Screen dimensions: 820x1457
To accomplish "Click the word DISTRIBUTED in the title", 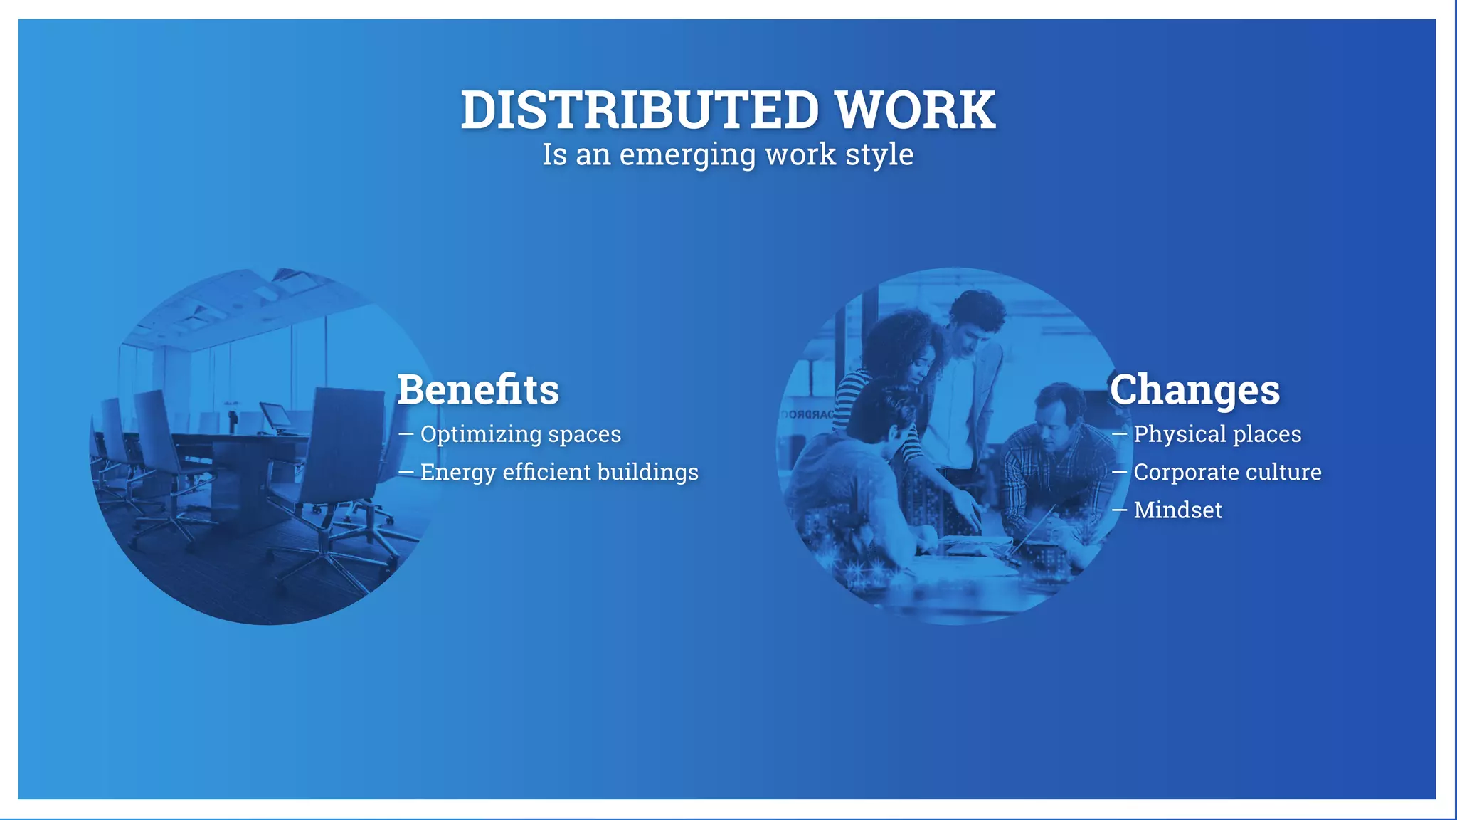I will pyautogui.click(x=640, y=110).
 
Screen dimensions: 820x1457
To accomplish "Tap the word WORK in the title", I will pyautogui.click(x=915, y=110).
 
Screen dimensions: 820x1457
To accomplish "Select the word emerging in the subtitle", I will pyautogui.click(x=687, y=155).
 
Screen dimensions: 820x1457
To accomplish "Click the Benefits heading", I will pyautogui.click(x=478, y=389).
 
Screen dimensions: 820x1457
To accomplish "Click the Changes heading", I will pyautogui.click(x=1194, y=389).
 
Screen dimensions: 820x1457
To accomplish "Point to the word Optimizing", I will pyautogui.click(x=481, y=434).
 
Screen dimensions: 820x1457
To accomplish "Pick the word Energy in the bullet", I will pyautogui.click(x=456, y=473).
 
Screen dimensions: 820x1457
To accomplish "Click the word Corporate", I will pyautogui.click(x=1185, y=472).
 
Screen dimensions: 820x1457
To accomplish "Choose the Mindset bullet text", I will pyautogui.click(x=1177, y=510).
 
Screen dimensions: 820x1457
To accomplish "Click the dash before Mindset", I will pyautogui.click(x=1119, y=510).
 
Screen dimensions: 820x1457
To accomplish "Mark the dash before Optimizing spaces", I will pyautogui.click(x=406, y=433).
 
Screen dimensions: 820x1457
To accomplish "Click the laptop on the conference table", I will pyautogui.click(x=277, y=417).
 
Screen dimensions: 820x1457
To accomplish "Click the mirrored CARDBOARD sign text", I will pyautogui.click(x=807, y=414).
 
